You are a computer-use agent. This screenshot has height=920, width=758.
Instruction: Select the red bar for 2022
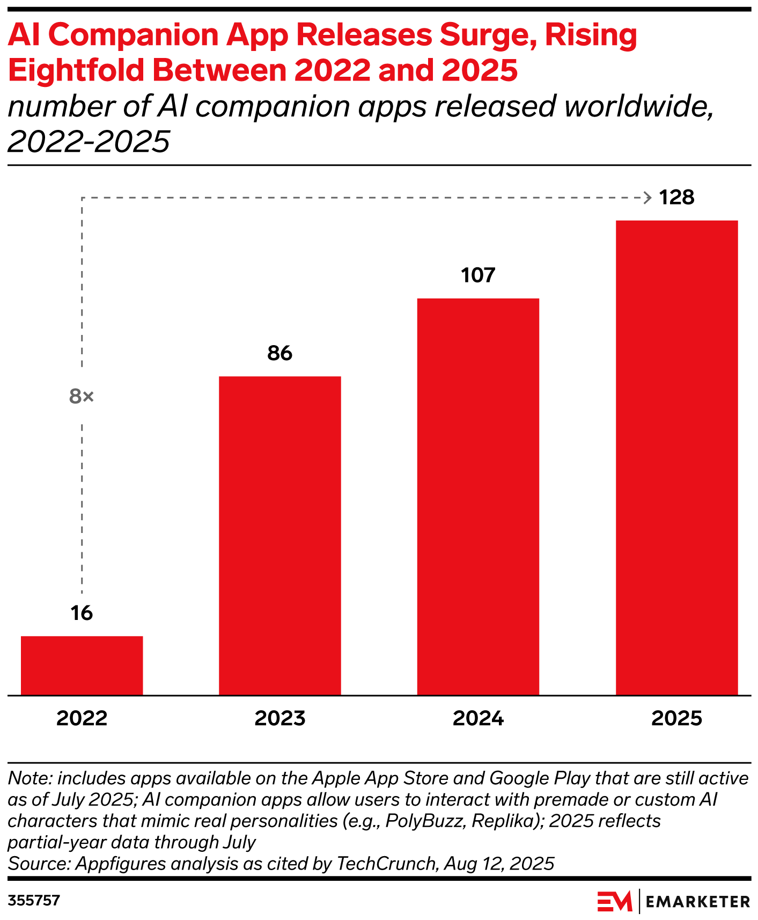pyautogui.click(x=82, y=665)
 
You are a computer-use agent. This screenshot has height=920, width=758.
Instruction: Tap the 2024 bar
pyautogui.click(x=478, y=496)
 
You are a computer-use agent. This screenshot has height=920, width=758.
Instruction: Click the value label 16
pyautogui.click(x=82, y=613)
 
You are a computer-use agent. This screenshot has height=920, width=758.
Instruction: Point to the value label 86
pyautogui.click(x=279, y=353)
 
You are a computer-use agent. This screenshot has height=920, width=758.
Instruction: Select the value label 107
pyautogui.click(x=478, y=275)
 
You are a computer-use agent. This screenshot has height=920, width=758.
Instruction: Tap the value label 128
pyautogui.click(x=676, y=198)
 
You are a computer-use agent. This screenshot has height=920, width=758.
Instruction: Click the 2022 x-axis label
pyautogui.click(x=82, y=718)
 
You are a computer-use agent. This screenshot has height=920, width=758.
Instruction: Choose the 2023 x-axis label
pyautogui.click(x=279, y=718)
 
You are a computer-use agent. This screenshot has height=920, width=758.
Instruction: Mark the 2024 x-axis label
pyautogui.click(x=478, y=718)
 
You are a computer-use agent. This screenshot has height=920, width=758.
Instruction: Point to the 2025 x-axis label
pyautogui.click(x=676, y=718)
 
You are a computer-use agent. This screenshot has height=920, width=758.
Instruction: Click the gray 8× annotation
pyautogui.click(x=82, y=397)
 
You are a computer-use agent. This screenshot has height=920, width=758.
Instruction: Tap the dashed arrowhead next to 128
pyautogui.click(x=647, y=198)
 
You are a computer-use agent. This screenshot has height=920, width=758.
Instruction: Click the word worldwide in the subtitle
pyautogui.click(x=639, y=106)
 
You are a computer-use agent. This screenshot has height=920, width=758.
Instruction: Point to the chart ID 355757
pyautogui.click(x=34, y=900)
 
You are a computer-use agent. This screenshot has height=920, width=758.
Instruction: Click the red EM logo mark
pyautogui.click(x=615, y=901)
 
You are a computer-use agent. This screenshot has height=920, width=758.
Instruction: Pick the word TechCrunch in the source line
pyautogui.click(x=386, y=864)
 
